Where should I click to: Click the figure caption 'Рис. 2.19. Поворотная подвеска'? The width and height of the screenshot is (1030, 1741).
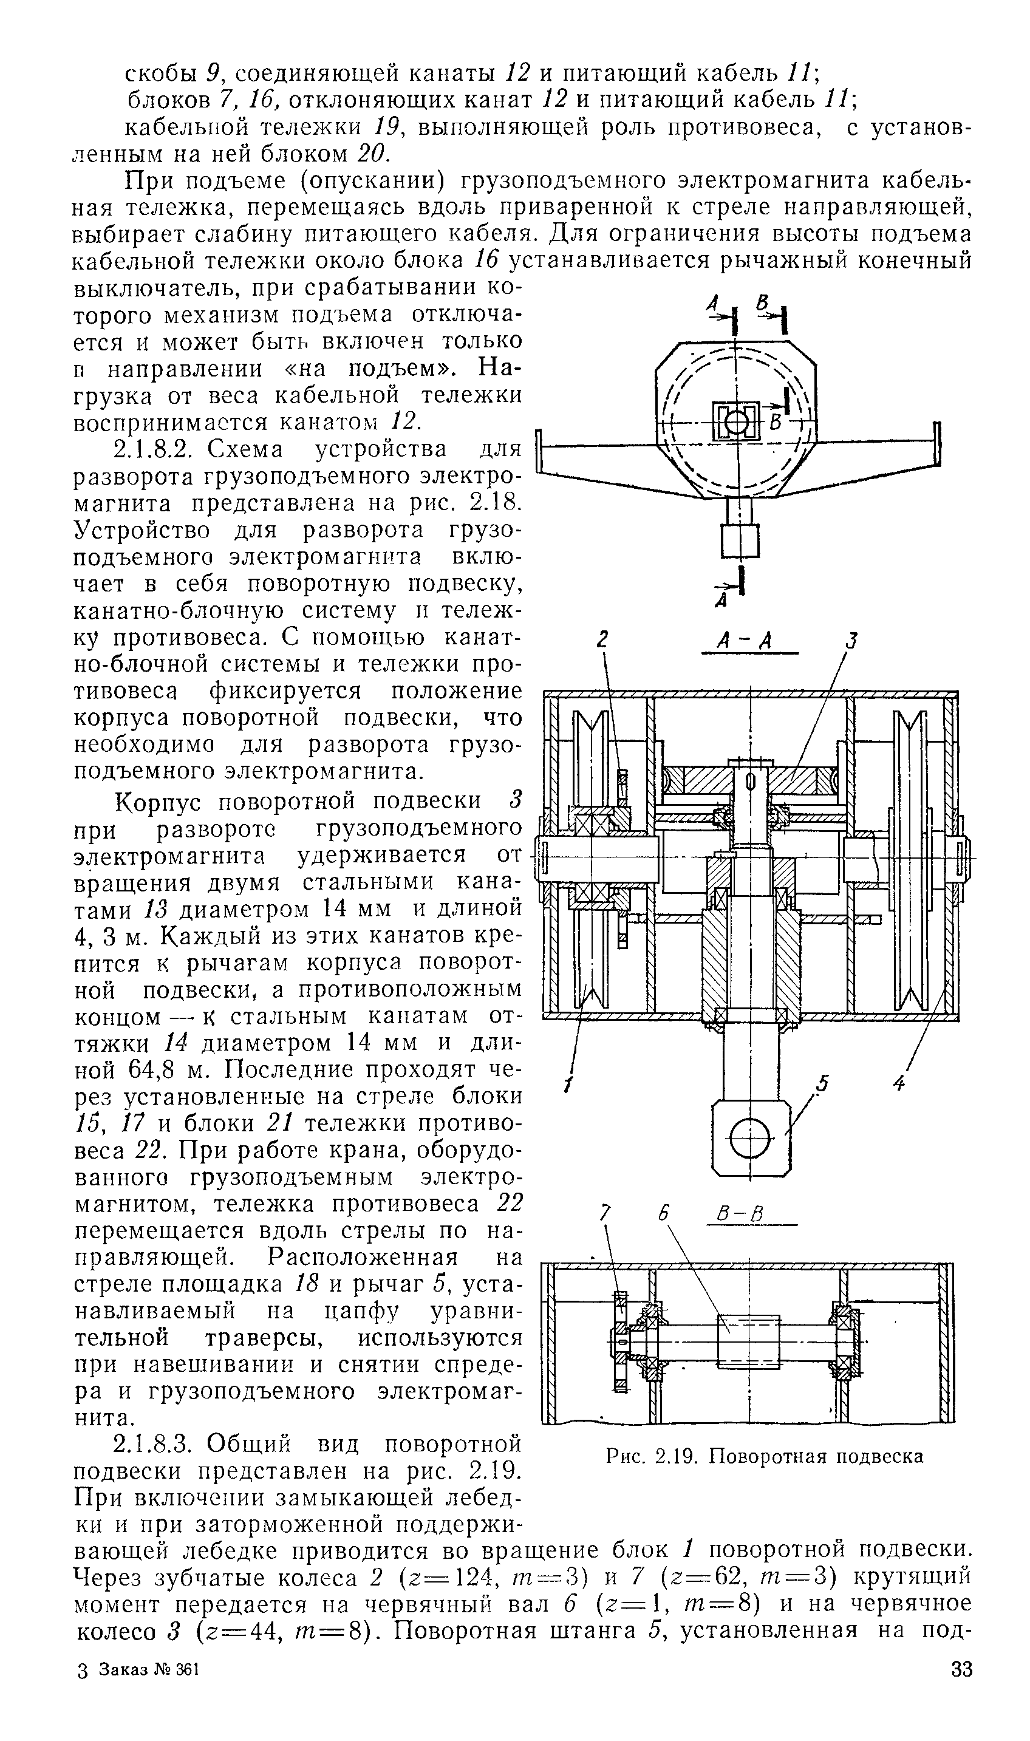(764, 1455)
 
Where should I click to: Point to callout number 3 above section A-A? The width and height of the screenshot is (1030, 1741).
(852, 640)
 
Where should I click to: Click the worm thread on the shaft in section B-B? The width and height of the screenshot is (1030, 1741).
(749, 1342)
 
